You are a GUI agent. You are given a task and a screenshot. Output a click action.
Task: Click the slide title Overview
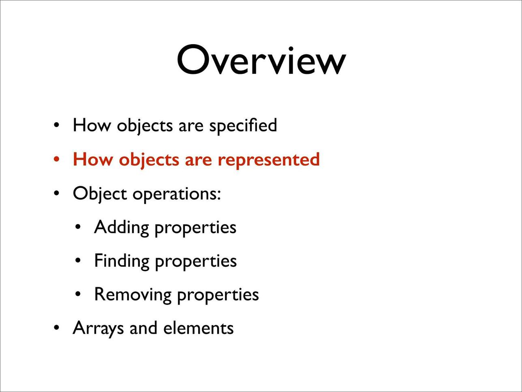(261, 60)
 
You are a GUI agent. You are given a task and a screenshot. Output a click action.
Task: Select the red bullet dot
(56, 159)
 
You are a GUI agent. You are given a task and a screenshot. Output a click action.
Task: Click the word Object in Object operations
(100, 194)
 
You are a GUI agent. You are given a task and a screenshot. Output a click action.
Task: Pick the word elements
(199, 328)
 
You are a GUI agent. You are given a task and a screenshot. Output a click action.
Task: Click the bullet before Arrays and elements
(56, 328)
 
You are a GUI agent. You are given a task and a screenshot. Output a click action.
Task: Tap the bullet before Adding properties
(78, 227)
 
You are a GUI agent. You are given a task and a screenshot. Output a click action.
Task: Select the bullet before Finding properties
(78, 261)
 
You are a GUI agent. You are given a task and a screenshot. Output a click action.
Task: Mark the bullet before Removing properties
(78, 294)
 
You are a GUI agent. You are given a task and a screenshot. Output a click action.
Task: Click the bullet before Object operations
(56, 193)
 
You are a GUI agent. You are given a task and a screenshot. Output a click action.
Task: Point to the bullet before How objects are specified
(56, 125)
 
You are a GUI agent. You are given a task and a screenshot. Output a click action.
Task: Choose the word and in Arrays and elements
(143, 328)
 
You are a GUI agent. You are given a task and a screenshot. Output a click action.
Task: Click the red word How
(92, 159)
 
